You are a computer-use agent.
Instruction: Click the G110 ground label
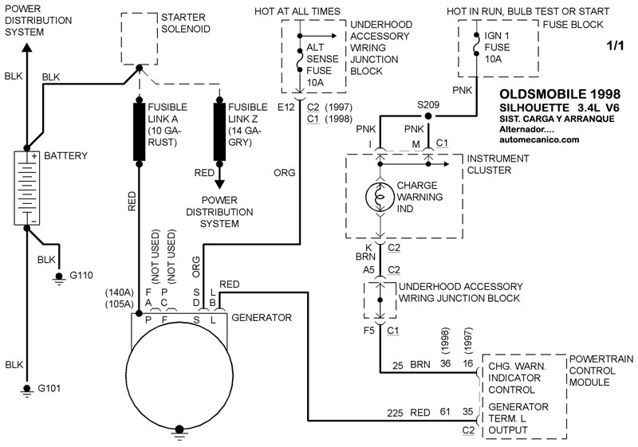pos(81,276)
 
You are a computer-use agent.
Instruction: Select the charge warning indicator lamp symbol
pos(380,195)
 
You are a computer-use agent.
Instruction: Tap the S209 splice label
pos(428,104)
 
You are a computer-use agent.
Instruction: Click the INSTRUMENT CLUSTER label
pos(498,165)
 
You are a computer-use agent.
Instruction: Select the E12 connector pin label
pos(286,107)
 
